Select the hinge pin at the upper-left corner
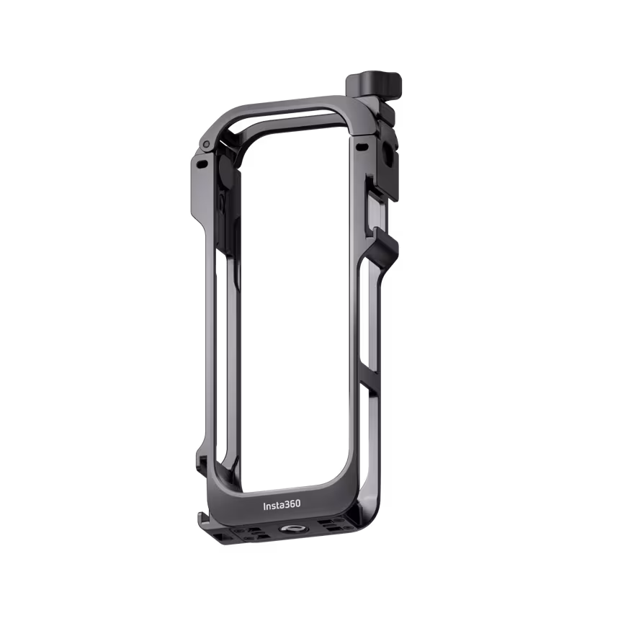point(207,145)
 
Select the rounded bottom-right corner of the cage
point(357,504)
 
